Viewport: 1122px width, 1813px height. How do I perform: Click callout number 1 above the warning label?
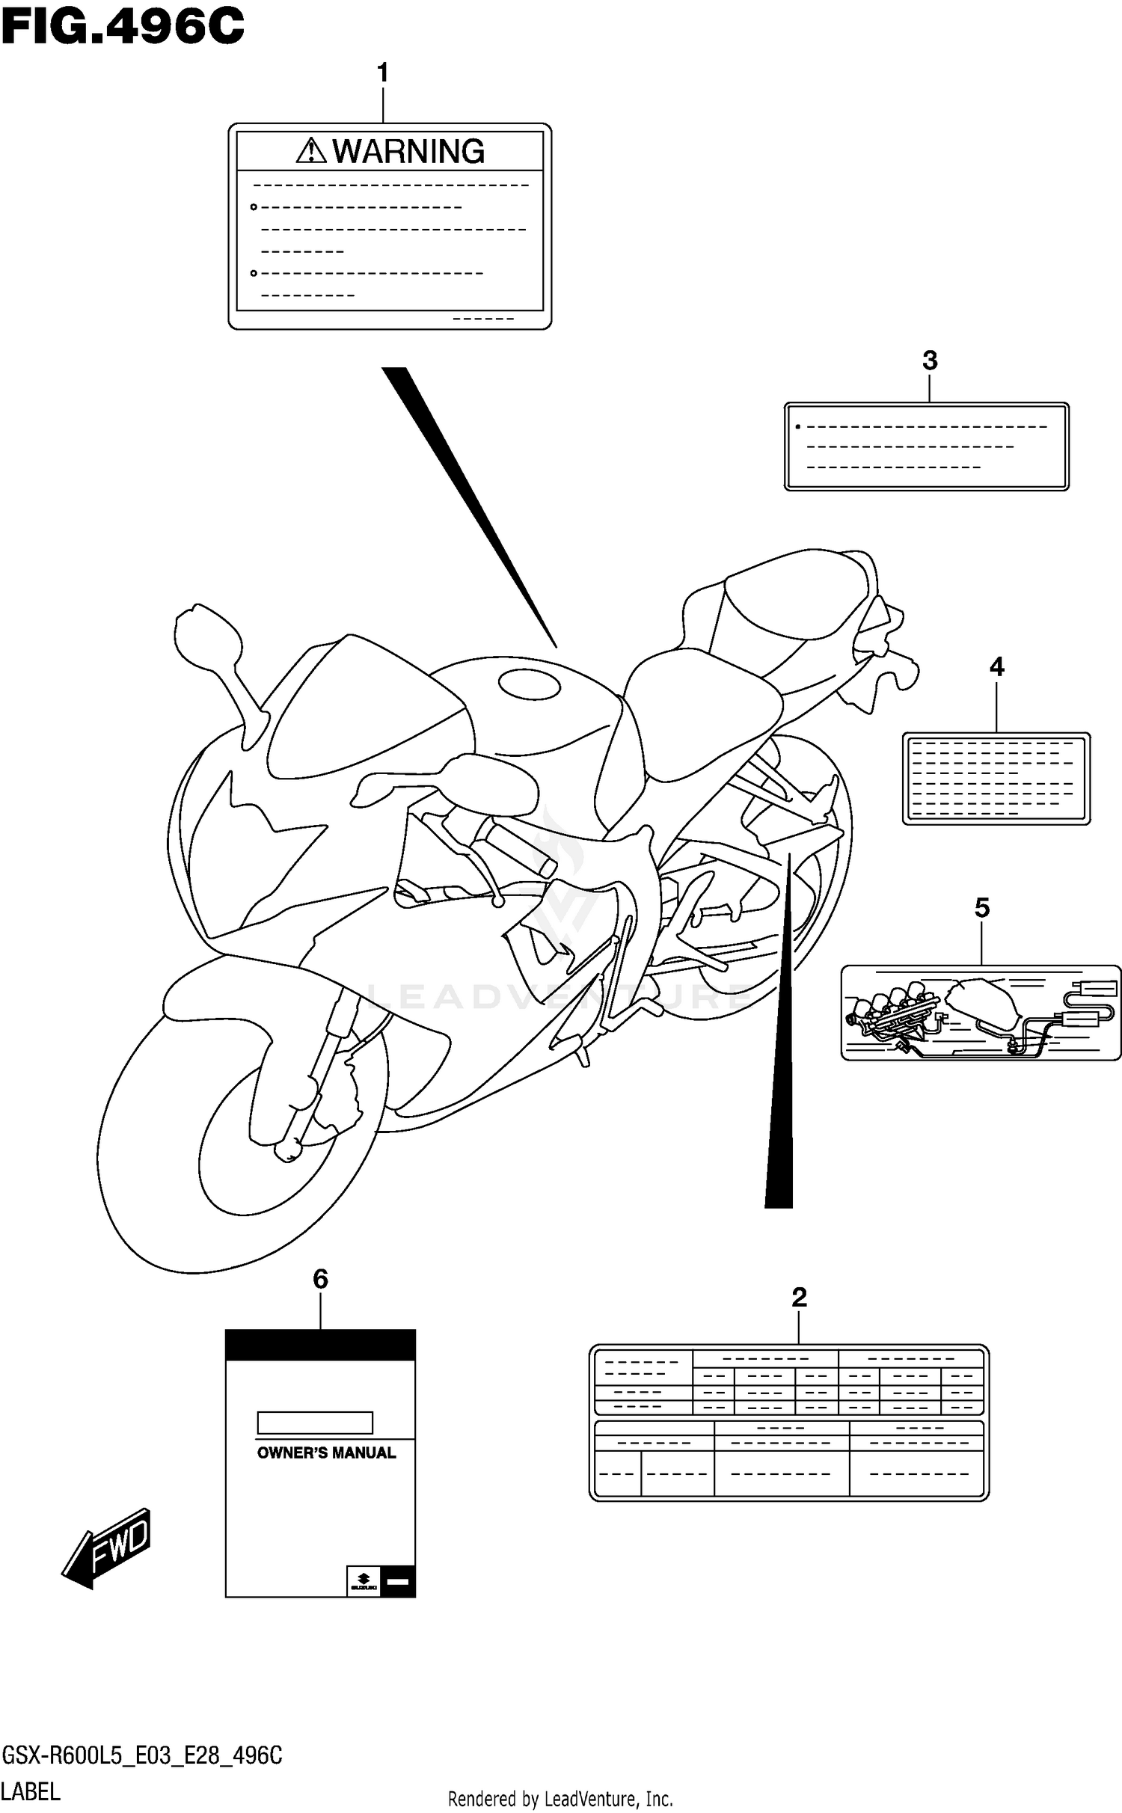[383, 73]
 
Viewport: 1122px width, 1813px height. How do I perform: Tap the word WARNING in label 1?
[408, 152]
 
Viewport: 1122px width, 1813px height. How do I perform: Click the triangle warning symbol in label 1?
[310, 152]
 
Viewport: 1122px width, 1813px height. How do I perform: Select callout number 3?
[930, 361]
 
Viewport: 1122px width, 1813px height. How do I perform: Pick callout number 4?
[996, 667]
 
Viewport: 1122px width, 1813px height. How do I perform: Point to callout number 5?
[982, 908]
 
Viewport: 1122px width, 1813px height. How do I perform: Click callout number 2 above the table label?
[799, 1298]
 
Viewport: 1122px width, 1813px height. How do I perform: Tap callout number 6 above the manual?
[320, 1280]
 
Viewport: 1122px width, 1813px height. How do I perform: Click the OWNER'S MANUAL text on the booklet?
[326, 1453]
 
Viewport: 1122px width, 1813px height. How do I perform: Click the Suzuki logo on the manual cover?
[364, 1580]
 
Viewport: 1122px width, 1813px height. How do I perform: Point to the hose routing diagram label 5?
[981, 1013]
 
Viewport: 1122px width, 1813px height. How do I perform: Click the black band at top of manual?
[320, 1346]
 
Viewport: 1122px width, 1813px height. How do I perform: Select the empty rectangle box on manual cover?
[315, 1422]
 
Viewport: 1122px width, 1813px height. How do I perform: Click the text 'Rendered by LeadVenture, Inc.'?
[560, 1798]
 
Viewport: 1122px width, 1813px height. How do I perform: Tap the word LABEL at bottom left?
[31, 1791]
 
